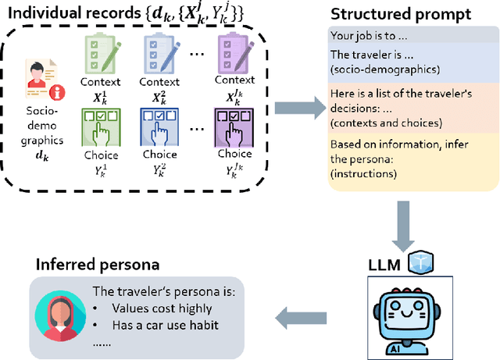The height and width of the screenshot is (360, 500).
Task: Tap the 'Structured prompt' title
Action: click(388, 15)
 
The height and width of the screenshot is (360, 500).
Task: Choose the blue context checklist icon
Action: click(160, 53)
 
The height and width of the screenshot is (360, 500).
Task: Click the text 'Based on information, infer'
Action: click(395, 144)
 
